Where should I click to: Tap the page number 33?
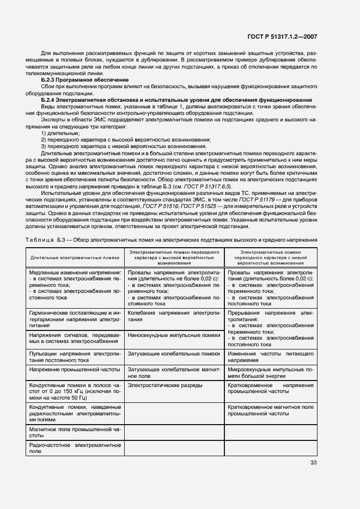click(x=313, y=463)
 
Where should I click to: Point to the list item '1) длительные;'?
click(x=60, y=133)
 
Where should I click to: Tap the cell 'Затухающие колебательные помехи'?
click(x=173, y=354)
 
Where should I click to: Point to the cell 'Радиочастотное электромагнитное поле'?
click(x=75, y=448)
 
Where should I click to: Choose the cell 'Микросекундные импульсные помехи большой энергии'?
click(x=270, y=372)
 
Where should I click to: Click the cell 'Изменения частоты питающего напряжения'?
click(x=270, y=357)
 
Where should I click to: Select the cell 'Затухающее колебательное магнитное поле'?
click(x=173, y=372)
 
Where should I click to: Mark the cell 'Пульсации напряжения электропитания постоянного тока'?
click(x=75, y=357)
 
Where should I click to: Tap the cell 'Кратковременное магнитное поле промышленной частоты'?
click(x=270, y=410)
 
